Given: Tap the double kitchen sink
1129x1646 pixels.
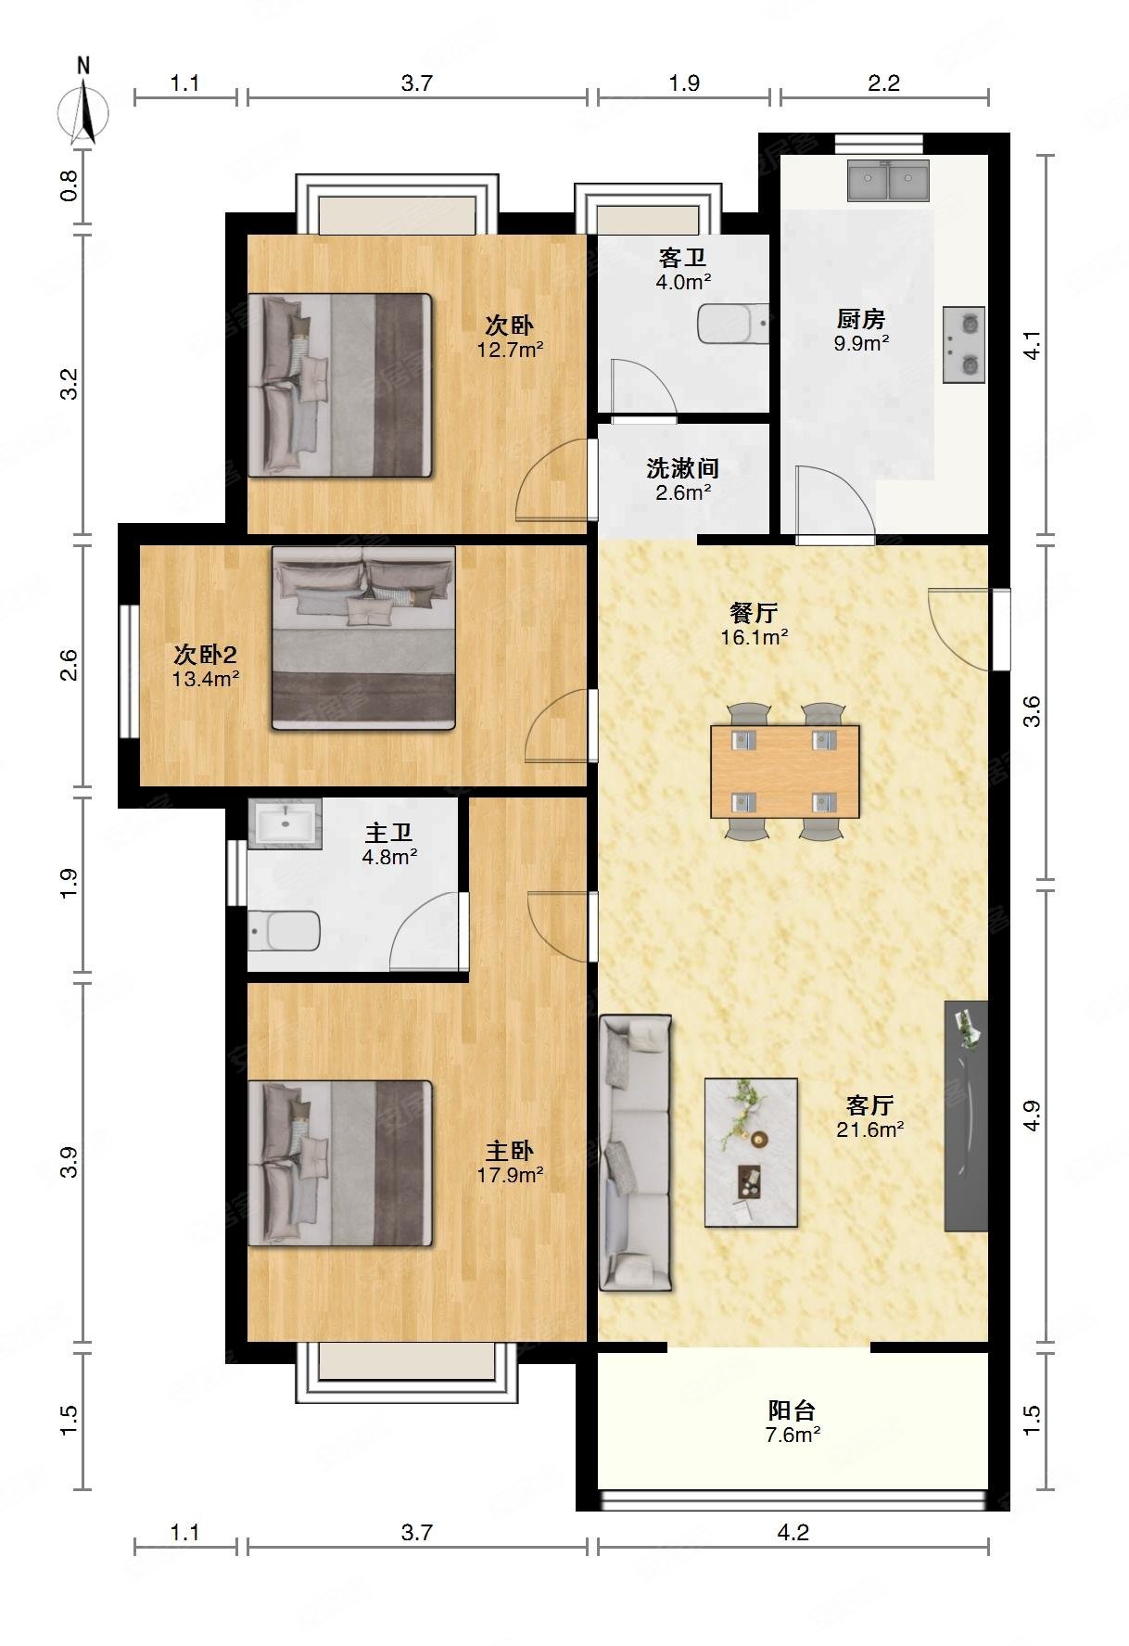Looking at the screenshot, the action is (888, 180).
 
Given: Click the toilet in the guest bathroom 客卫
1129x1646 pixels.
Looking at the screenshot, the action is (733, 324).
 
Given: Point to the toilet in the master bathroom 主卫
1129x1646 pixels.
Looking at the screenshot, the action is (284, 930).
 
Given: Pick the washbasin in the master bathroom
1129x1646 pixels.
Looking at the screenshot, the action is (285, 823).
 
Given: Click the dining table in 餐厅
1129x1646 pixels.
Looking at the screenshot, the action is (785, 772).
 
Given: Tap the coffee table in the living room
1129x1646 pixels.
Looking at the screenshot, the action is (751, 1152).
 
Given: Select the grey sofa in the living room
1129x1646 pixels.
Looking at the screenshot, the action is (636, 1152).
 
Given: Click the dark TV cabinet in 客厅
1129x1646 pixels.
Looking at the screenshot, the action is (966, 1116).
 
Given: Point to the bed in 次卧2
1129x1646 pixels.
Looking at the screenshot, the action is (363, 637).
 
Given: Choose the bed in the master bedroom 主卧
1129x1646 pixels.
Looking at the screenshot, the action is (340, 1163).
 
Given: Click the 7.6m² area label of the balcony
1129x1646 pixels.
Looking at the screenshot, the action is (793, 1435).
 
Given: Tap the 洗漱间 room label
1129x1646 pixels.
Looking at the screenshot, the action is (683, 468).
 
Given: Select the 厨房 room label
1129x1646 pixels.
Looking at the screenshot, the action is (861, 320).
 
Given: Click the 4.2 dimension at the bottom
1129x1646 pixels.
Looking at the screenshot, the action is (793, 1532).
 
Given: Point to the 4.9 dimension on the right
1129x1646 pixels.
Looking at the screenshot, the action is (1032, 1116).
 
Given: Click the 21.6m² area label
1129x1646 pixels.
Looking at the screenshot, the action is (869, 1129).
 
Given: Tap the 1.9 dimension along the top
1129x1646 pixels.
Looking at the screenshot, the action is (684, 83).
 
